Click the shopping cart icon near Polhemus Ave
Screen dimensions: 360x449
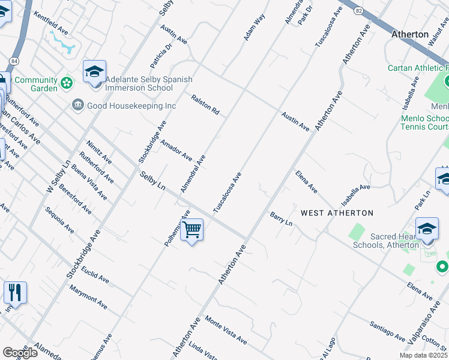[x=191, y=230]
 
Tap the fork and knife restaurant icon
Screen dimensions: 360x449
[x=15, y=293]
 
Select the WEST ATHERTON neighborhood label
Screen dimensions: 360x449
[x=337, y=213]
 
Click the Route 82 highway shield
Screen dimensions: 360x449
[x=358, y=11]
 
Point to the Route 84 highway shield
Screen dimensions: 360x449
[x=13, y=61]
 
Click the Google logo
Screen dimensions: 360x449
[x=20, y=352]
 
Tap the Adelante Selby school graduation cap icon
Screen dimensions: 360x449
[x=94, y=72]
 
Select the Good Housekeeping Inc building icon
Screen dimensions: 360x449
[x=78, y=106]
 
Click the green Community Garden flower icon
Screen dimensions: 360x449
[x=66, y=81]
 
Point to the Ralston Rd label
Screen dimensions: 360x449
[x=205, y=104]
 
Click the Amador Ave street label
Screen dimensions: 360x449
[x=175, y=152]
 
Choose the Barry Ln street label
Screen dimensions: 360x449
[x=281, y=218]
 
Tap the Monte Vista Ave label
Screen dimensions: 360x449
[x=226, y=330]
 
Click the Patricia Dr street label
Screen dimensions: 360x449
[x=161, y=55]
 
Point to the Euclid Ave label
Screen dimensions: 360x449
[x=95, y=275]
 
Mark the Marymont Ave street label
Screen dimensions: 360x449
[x=88, y=298]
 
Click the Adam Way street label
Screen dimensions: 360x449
[x=254, y=28]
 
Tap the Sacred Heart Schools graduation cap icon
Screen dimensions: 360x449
[x=427, y=229]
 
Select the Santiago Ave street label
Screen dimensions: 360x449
[x=388, y=329]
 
